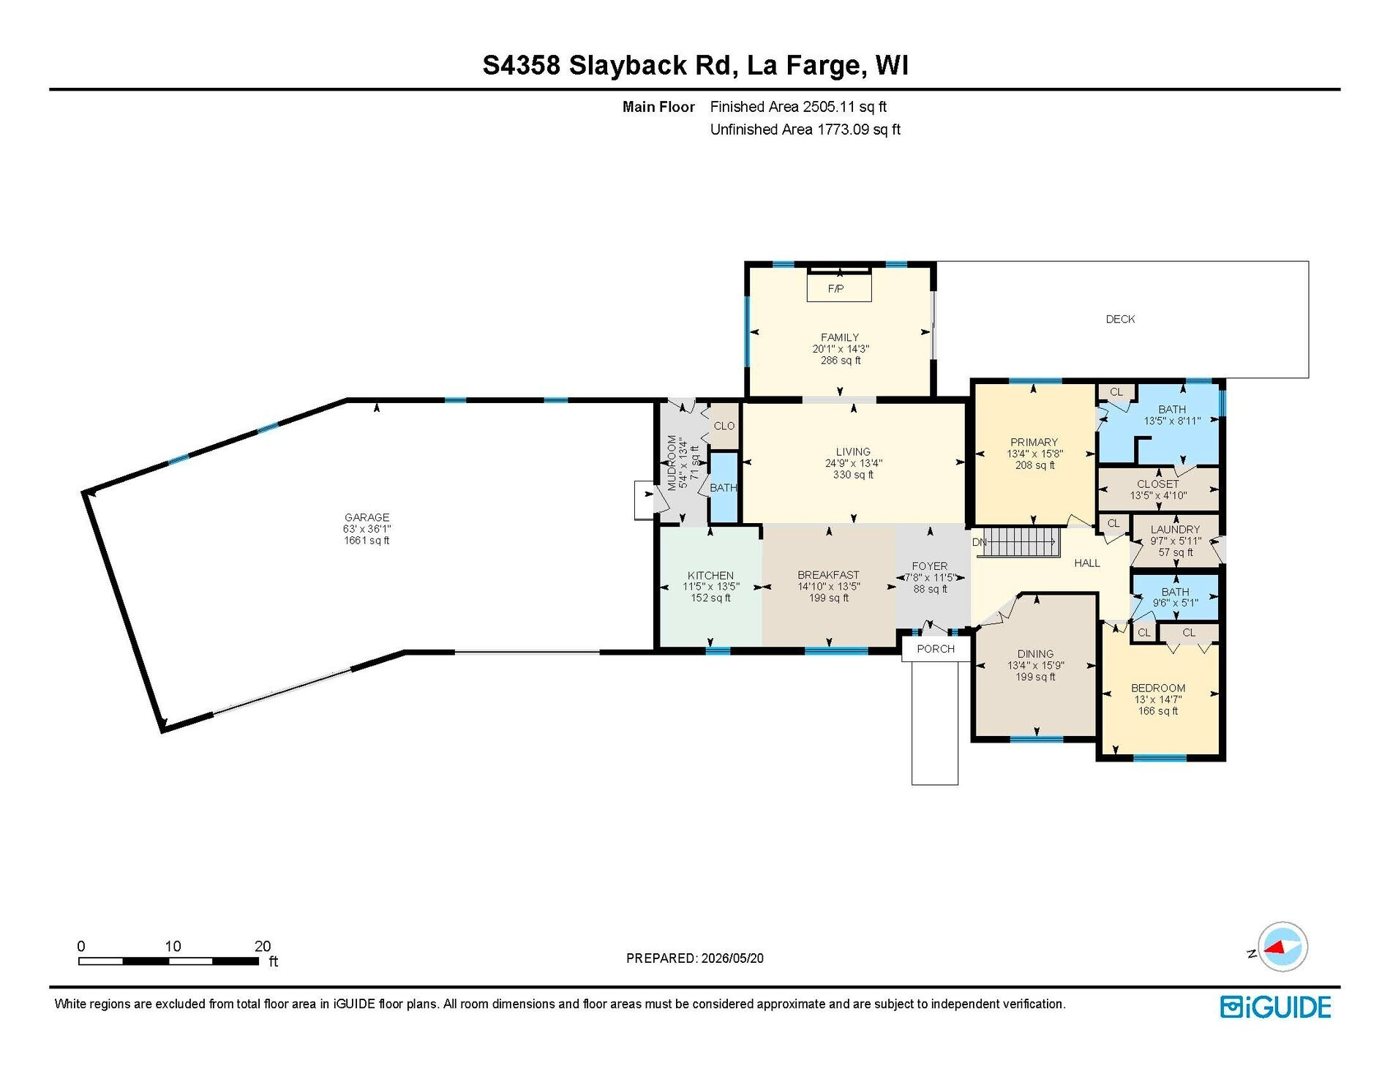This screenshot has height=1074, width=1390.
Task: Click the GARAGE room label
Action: coord(367,517)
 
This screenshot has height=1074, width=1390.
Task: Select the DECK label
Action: coord(1120,319)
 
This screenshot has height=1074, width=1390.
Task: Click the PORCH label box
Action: coord(936,649)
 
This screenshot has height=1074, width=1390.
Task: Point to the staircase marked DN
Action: coord(1020,542)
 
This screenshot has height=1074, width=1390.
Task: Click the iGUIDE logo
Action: coord(1276,1007)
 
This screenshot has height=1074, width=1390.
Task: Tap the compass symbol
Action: coord(1282,947)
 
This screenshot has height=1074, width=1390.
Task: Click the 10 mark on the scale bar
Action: coord(173,946)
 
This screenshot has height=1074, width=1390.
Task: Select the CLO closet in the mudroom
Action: coord(724,426)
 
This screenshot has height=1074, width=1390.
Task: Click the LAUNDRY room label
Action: coord(1175,529)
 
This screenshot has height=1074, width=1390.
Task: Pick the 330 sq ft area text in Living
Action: coord(853,475)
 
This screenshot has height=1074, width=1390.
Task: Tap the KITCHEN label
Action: coord(710,576)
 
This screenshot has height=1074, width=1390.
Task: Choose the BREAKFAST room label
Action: coord(828,575)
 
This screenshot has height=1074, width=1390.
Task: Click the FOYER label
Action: coord(929,566)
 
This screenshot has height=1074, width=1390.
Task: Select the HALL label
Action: coord(1087,563)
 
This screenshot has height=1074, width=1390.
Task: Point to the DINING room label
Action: coord(1035,654)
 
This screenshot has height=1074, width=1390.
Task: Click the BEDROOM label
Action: coord(1158,688)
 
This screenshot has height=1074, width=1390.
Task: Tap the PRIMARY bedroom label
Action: coord(1034,442)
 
